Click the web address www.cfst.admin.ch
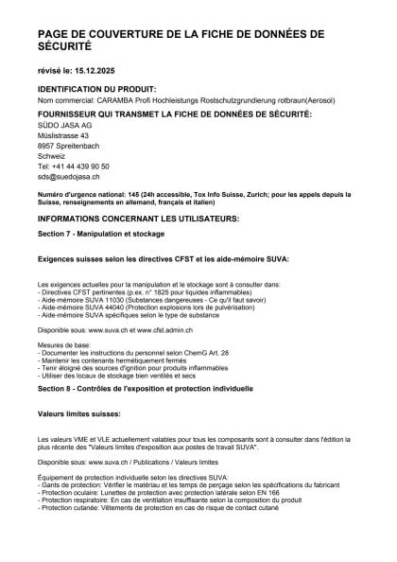tap(163, 330)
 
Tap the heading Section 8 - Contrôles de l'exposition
tap(131, 388)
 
